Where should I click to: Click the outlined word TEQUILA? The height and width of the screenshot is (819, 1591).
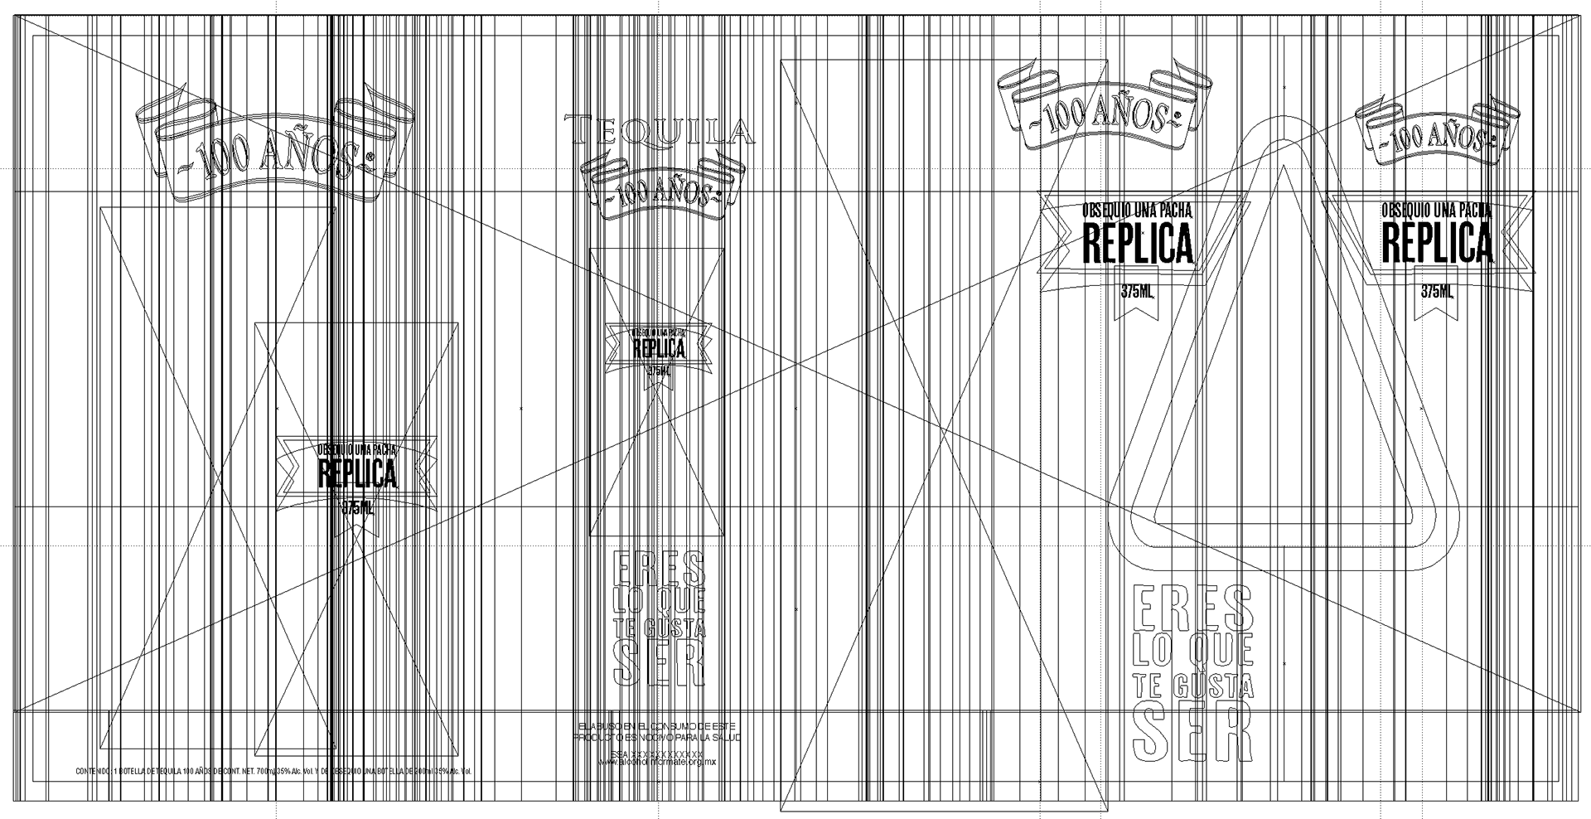pyautogui.click(x=659, y=132)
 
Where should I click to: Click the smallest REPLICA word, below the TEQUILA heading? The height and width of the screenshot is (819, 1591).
pyautogui.click(x=659, y=348)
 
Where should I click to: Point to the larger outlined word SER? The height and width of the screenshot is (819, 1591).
pyautogui.click(x=1191, y=734)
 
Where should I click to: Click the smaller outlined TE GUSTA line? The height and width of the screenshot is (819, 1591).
pyautogui.click(x=659, y=628)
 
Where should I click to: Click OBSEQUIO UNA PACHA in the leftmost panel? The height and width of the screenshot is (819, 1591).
pyautogui.click(x=357, y=449)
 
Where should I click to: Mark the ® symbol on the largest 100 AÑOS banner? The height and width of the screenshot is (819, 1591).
pyautogui.click(x=370, y=157)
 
